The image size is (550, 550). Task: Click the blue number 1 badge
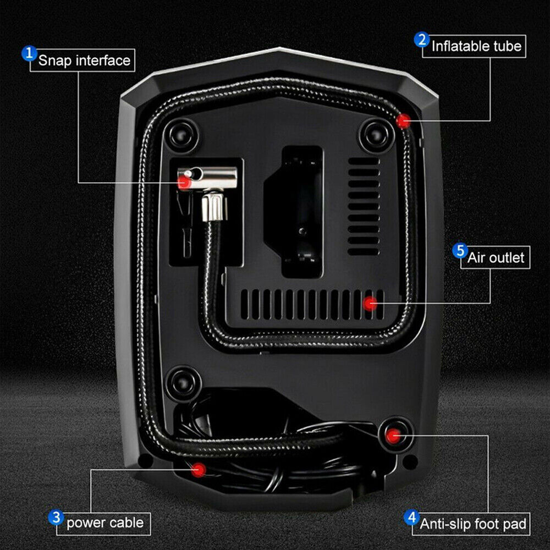click(29, 53)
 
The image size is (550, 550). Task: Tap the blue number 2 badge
click(422, 40)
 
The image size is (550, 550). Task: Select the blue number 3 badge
click(56, 518)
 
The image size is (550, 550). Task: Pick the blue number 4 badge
click(411, 518)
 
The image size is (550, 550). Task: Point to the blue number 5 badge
click(460, 251)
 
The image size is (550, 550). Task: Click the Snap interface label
click(84, 61)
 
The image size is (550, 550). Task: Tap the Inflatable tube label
click(476, 46)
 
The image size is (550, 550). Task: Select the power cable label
click(105, 523)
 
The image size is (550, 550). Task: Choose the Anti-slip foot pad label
click(473, 524)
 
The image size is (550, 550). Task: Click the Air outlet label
click(496, 258)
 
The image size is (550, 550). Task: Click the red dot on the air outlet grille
click(370, 304)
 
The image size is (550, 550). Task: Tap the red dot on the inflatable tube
click(403, 121)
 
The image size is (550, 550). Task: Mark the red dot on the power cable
click(199, 470)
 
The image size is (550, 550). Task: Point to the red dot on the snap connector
click(184, 182)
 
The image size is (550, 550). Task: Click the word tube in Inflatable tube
click(507, 46)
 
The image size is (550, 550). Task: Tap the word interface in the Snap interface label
click(103, 61)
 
